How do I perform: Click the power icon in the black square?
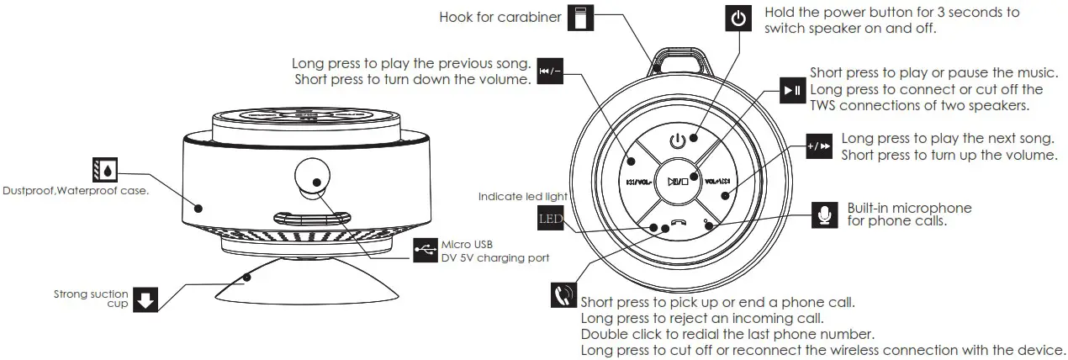[x=738, y=19]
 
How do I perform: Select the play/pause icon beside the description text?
[x=792, y=90]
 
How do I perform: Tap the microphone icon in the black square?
[x=827, y=214]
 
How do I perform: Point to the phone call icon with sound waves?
[x=563, y=295]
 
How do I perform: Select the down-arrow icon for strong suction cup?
[x=146, y=299]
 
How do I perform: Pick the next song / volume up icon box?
[x=818, y=146]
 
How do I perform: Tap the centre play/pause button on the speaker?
[x=678, y=180]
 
